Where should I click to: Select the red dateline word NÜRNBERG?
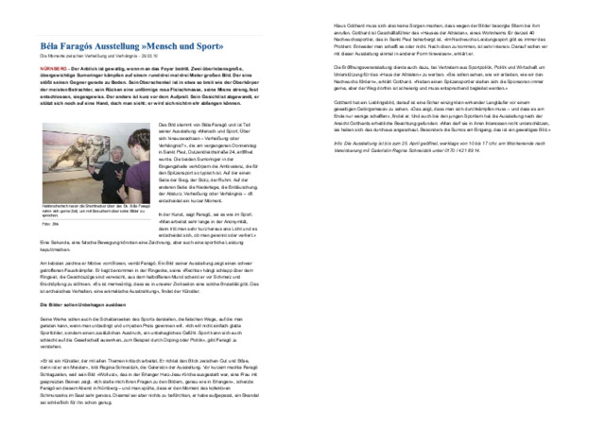(x=53, y=70)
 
